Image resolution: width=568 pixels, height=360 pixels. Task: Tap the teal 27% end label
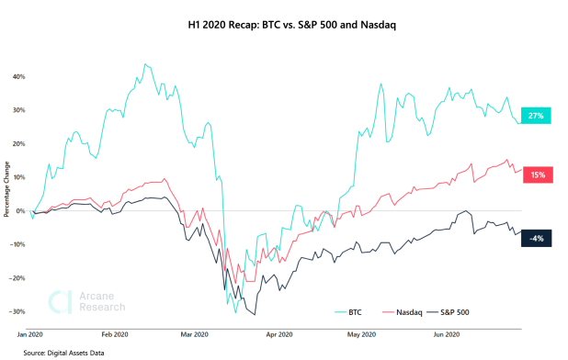[x=536, y=116]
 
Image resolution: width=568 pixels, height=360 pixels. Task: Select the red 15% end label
[x=536, y=174]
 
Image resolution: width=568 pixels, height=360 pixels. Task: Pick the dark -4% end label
[x=536, y=238]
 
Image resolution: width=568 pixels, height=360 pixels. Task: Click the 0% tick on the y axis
[x=19, y=210]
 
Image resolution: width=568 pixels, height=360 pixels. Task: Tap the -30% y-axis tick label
[x=17, y=311]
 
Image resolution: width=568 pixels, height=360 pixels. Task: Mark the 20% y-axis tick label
[x=17, y=143]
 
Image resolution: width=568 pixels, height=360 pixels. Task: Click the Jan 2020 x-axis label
[x=32, y=335]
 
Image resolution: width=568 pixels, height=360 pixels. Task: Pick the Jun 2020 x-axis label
[x=444, y=335]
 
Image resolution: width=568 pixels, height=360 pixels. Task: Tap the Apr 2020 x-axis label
[x=278, y=335]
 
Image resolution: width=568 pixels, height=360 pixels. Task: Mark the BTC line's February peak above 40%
[x=145, y=65]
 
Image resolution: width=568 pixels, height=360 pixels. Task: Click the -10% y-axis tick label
[x=17, y=244]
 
